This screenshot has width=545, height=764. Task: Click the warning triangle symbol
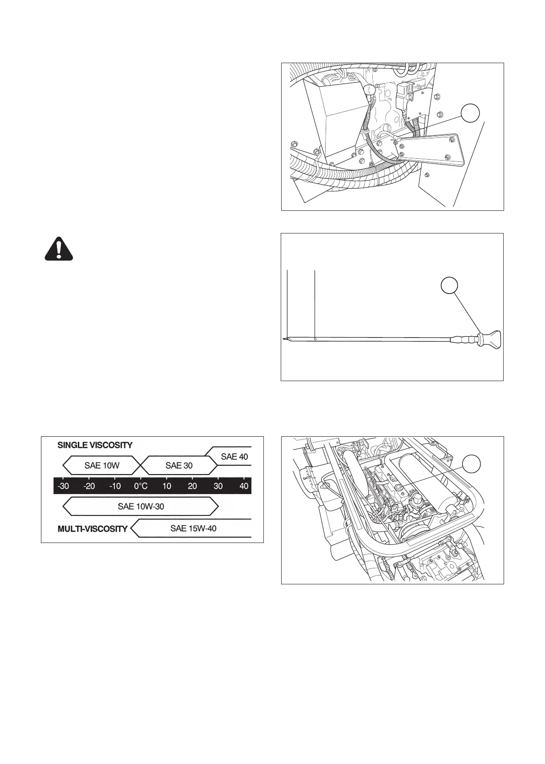[59, 248]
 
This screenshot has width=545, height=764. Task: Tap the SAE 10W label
[101, 466]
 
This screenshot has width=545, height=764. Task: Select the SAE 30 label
[179, 466]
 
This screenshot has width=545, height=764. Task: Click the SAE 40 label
[234, 457]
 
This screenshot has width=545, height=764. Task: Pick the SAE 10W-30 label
[141, 506]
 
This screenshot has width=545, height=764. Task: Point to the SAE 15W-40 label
[193, 528]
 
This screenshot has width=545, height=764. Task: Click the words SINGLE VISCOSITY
[95, 445]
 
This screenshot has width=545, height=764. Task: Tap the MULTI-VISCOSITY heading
[93, 529]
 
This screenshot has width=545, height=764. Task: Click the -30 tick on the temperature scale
[63, 486]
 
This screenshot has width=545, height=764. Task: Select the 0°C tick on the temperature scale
[141, 486]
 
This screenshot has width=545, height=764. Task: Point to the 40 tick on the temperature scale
[244, 486]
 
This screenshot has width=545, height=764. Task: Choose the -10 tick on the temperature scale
[115, 486]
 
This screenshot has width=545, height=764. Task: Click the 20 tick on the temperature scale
[192, 486]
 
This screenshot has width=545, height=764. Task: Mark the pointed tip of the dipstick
[284, 339]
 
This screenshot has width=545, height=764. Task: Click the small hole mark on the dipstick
[315, 339]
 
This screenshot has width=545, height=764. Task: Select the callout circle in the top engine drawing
[470, 114]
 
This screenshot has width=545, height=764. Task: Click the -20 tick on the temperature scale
[89, 486]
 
